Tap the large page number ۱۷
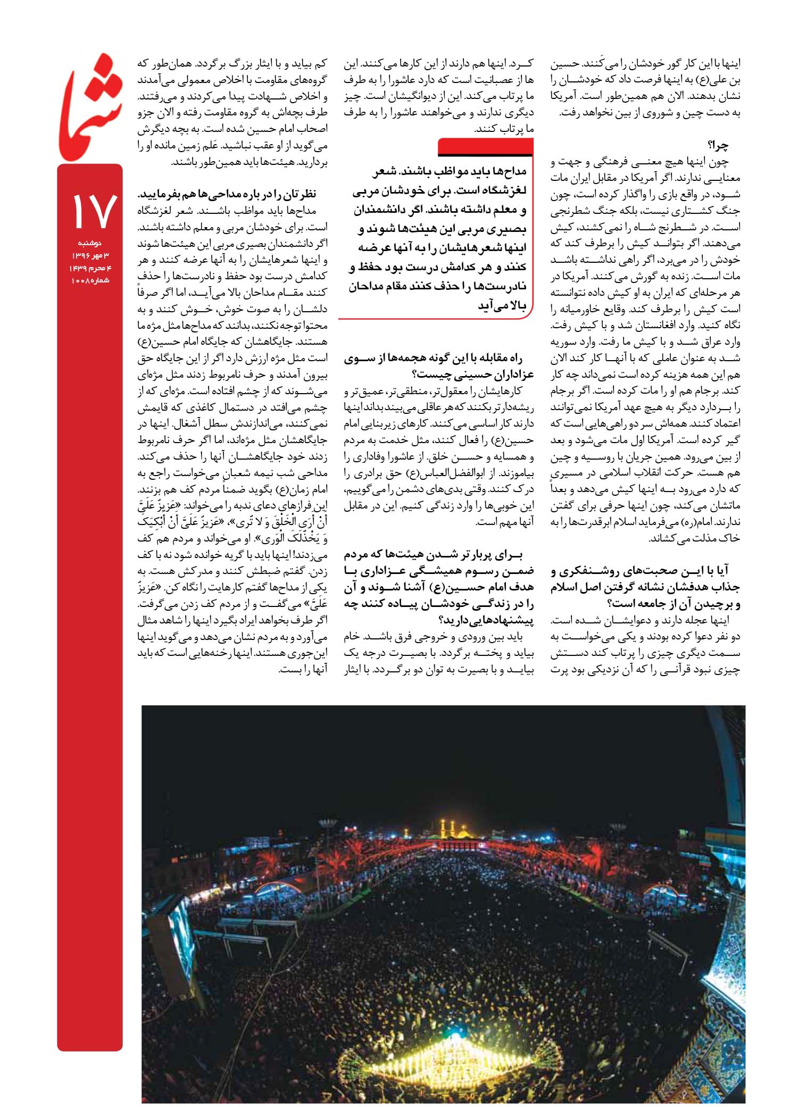click(90, 210)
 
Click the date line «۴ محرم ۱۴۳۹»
click(90, 268)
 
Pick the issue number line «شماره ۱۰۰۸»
click(90, 280)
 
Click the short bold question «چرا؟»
click(718, 145)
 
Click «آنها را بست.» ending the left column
click(303, 669)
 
